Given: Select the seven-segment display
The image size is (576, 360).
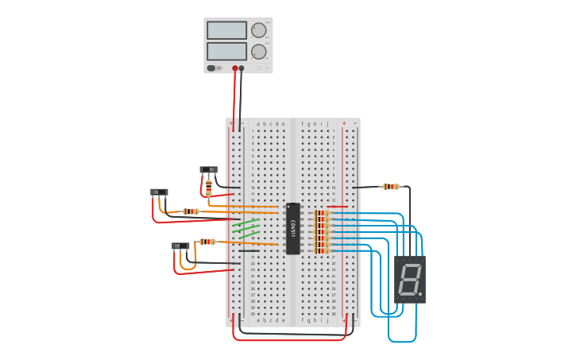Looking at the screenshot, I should point(410,280).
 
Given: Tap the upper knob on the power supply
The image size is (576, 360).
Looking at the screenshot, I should point(259,30).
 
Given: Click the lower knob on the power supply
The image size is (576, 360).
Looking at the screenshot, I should point(259,52).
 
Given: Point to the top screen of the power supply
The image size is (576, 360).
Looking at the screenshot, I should point(227,30).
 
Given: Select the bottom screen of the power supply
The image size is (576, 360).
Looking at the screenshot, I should point(227,51).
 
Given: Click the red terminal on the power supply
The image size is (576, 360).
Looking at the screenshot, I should point(235,68).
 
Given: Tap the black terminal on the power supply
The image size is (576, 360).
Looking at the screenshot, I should point(242,68).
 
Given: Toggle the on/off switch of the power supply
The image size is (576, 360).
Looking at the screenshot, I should point(211,68).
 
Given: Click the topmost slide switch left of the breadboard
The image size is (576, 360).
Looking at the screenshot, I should point(208,169).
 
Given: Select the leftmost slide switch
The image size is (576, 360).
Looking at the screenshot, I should point(159,192).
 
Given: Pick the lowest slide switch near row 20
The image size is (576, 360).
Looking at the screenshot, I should point(180,246).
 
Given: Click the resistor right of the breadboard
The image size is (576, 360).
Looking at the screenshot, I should point(390,187).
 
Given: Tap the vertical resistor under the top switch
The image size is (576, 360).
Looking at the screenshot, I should point(209,188).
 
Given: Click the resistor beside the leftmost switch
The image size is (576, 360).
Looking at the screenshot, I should point(191,211).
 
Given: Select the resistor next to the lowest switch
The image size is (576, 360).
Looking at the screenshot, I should point(207,241).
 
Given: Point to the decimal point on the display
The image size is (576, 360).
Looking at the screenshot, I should point(420,294).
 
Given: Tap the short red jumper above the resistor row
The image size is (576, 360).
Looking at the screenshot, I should point(337,207).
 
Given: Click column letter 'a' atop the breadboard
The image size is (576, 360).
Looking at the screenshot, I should point(257,124).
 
